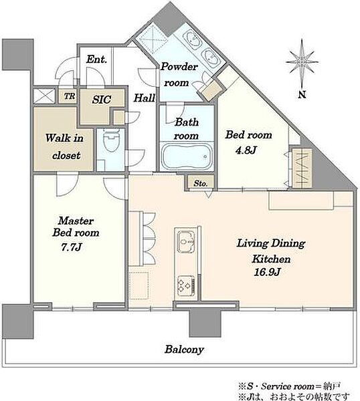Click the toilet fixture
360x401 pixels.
click(x=111, y=140)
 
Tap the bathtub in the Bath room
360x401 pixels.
click(x=186, y=156)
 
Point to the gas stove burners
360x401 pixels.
click(x=185, y=285)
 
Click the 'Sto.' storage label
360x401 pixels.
click(x=200, y=183)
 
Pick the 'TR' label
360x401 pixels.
click(x=70, y=96)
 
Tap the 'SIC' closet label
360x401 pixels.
click(x=102, y=100)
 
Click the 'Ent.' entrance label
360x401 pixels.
click(x=96, y=59)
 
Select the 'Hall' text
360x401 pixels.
click(x=145, y=98)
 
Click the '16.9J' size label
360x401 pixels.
click(x=267, y=272)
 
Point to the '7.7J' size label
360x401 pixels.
click(x=72, y=247)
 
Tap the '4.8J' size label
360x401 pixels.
click(x=246, y=150)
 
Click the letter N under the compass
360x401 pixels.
click(x=302, y=95)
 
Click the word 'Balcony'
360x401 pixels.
click(x=184, y=350)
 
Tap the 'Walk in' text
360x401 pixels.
click(x=64, y=138)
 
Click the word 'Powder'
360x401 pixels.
click(x=179, y=67)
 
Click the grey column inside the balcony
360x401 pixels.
click(x=205, y=323)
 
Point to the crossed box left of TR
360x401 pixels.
click(x=44, y=96)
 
